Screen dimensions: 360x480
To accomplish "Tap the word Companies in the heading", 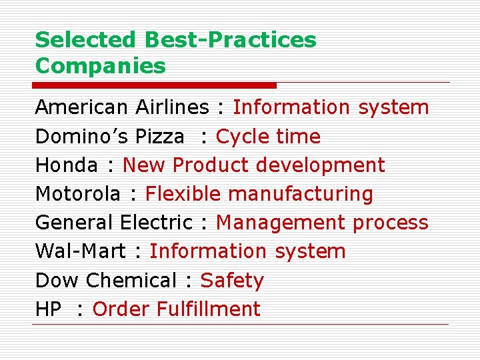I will tap(100, 66).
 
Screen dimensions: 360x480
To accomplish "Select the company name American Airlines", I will tap(122, 107).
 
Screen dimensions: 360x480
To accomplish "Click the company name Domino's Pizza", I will tap(109, 137).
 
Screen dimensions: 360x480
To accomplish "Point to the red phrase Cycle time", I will tap(268, 137).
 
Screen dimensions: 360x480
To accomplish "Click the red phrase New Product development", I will tap(254, 165).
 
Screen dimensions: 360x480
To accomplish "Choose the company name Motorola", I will tap(78, 194).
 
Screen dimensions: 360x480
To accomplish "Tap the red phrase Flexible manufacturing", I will tap(259, 194).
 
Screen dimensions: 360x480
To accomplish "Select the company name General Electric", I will tap(113, 223).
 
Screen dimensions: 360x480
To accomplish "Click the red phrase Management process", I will tap(322, 223).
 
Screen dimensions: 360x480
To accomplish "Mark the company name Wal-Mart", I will tap(80, 251).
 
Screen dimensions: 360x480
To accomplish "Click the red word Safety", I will tap(232, 280).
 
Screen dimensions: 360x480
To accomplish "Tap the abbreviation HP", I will tap(48, 309).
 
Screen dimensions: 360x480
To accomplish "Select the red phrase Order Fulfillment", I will tap(176, 309).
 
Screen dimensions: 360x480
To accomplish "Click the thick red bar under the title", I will tap(154, 85).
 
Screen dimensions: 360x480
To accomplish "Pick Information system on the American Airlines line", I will tap(331, 107).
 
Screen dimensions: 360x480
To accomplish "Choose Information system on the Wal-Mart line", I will tap(247, 251).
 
